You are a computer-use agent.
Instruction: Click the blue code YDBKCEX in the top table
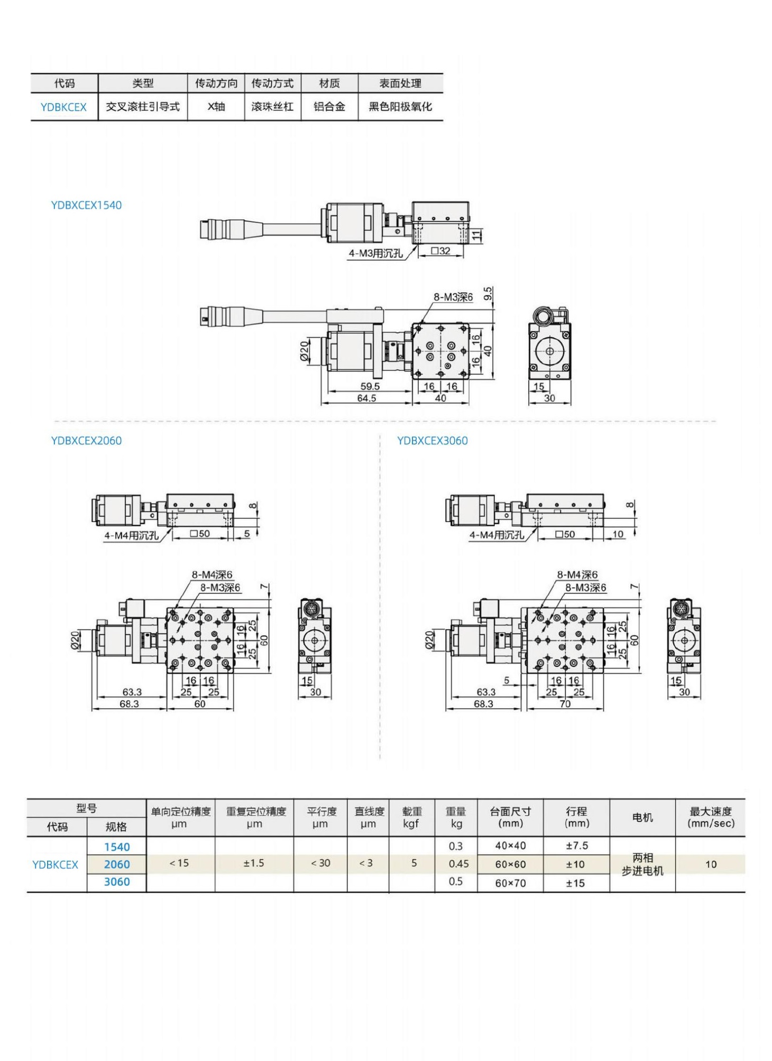pyautogui.click(x=63, y=107)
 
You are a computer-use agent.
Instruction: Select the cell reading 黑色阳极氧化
pyautogui.click(x=400, y=107)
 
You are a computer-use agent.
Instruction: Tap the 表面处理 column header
pyautogui.click(x=400, y=83)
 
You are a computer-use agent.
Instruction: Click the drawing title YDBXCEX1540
pyautogui.click(x=86, y=206)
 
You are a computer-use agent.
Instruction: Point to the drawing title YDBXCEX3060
pyautogui.click(x=432, y=441)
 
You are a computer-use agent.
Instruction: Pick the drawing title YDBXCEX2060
pyautogui.click(x=86, y=441)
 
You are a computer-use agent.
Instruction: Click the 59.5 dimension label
pyautogui.click(x=370, y=386)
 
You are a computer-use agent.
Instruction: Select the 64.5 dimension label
pyautogui.click(x=366, y=398)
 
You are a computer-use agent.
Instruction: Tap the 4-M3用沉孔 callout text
pyautogui.click(x=375, y=254)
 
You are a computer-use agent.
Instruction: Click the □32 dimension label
pyautogui.click(x=440, y=251)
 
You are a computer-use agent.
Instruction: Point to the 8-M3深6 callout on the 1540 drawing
pyautogui.click(x=453, y=297)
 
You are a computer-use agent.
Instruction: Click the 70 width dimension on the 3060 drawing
pyautogui.click(x=565, y=704)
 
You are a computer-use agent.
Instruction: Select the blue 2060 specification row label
pyautogui.click(x=117, y=864)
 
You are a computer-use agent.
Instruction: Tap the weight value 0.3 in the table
pyautogui.click(x=455, y=846)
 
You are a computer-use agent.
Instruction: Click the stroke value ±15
pyautogui.click(x=576, y=883)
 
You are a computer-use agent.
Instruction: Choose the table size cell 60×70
pyautogui.click(x=510, y=883)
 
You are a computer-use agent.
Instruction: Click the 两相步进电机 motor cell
pyautogui.click(x=642, y=864)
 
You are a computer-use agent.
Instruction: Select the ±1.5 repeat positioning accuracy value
pyautogui.click(x=254, y=863)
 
